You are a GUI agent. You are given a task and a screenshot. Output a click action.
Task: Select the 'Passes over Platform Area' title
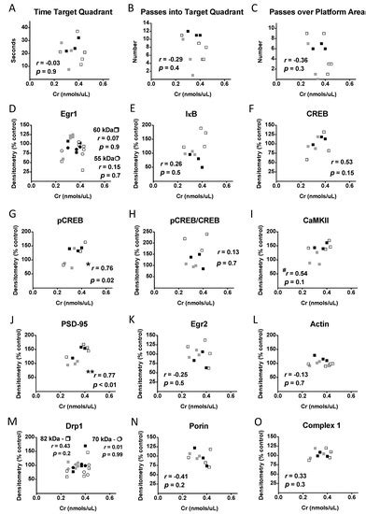[x=303, y=8]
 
